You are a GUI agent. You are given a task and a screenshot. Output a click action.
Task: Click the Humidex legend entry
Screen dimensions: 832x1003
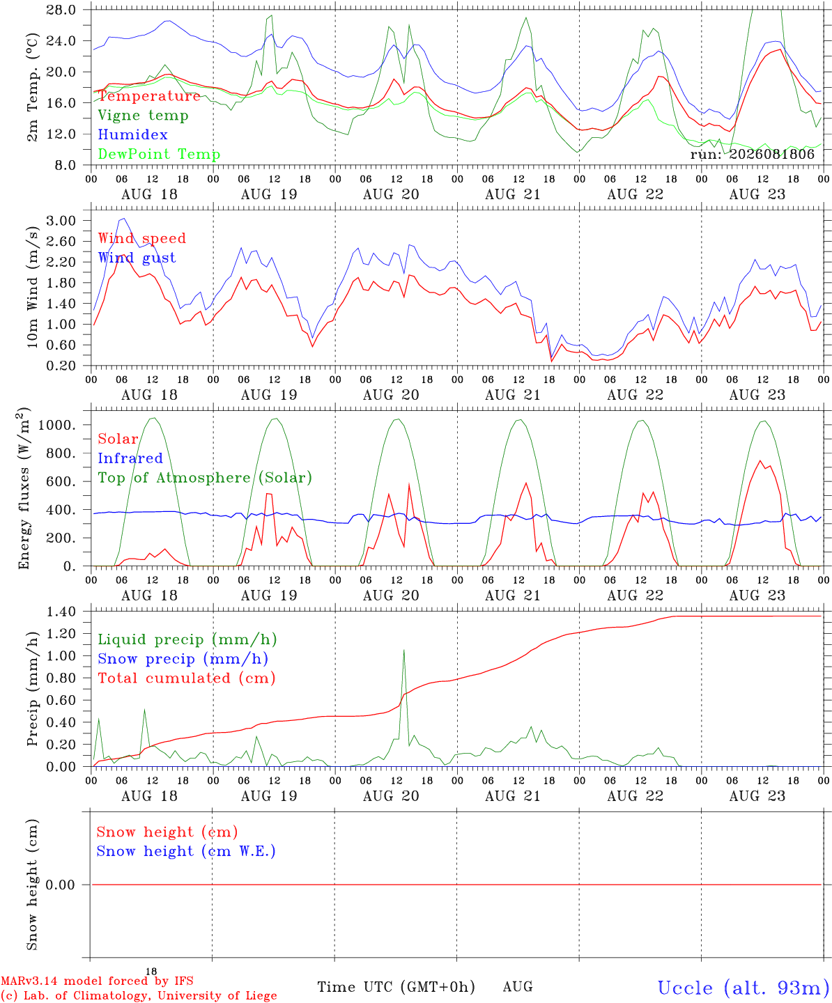[132, 134]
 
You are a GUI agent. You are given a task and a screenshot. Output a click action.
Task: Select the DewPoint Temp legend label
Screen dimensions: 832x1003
[159, 154]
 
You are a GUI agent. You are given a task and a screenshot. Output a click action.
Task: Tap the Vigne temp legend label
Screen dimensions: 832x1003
[144, 116]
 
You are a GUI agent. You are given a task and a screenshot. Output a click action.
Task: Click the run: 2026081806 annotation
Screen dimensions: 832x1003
[752, 154]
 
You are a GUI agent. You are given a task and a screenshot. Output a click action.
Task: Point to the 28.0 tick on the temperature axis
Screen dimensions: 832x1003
[61, 10]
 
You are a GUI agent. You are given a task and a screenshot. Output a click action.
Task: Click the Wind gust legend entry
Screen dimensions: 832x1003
[137, 258]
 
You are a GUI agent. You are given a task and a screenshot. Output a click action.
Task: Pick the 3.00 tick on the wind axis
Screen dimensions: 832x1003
[61, 221]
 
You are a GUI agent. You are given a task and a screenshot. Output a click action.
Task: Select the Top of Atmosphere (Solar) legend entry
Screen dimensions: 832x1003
[206, 478]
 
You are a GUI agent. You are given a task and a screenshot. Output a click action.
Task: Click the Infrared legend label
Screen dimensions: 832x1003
[130, 458]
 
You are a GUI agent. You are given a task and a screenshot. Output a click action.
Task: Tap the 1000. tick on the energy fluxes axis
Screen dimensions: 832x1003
[57, 425]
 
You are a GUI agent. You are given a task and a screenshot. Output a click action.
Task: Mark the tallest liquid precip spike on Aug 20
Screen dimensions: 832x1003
[403, 650]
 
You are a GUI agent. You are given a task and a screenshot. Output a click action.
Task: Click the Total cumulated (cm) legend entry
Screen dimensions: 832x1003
[187, 678]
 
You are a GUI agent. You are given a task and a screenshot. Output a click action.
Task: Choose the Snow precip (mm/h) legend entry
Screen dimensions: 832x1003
[183, 659]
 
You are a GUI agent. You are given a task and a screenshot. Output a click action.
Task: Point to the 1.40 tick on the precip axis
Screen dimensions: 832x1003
[61, 612]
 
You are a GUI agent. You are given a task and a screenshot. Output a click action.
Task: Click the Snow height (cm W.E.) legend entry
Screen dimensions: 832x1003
[186, 851]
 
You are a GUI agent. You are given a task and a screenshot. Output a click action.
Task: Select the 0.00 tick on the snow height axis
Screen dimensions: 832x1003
[61, 885]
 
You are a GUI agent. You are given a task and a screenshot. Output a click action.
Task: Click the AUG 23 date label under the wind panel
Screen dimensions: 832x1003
[757, 395]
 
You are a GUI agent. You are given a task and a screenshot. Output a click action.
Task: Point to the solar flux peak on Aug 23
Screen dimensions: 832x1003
[760, 460]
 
